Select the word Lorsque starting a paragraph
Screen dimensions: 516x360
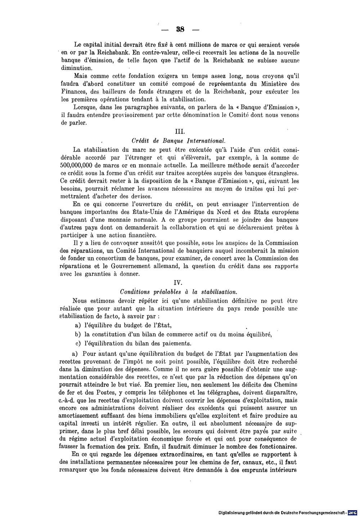pos(85,108)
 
